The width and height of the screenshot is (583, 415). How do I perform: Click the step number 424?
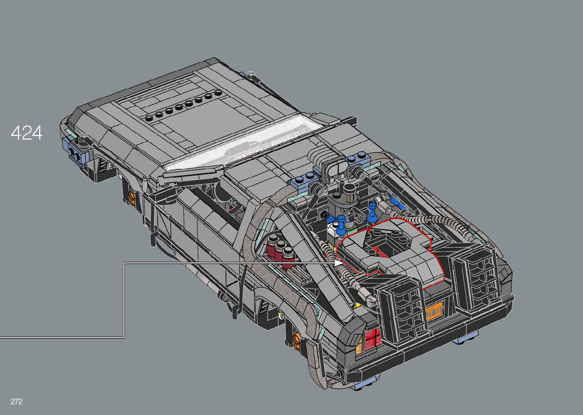tap(26, 133)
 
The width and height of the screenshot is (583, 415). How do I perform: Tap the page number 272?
tap(16, 401)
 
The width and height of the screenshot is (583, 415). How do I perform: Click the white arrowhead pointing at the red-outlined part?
tap(339, 263)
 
